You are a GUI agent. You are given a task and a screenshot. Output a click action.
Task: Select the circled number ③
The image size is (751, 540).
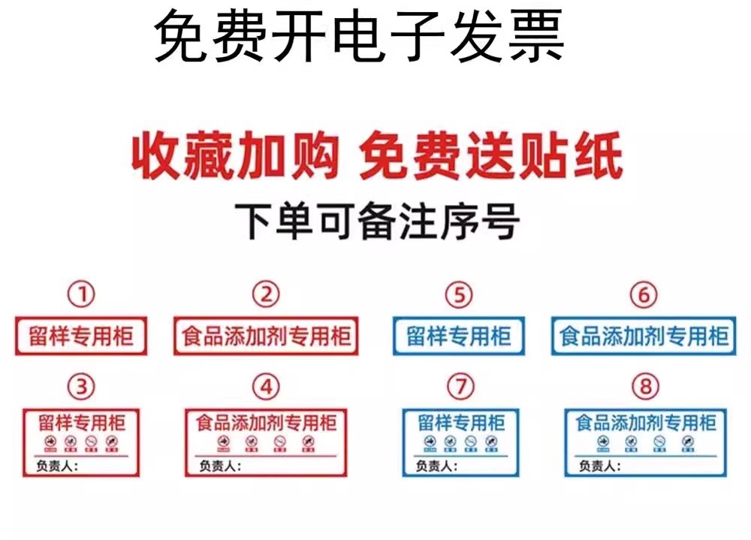tap(81, 387)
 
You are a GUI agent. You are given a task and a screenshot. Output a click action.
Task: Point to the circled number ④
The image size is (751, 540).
tap(265, 387)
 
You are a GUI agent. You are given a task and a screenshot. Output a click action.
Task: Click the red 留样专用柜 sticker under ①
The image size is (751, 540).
tap(81, 336)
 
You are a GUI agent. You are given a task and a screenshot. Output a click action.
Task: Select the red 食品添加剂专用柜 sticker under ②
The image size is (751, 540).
tap(266, 336)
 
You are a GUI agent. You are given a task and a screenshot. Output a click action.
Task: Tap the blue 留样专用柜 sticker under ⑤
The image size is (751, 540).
tap(459, 336)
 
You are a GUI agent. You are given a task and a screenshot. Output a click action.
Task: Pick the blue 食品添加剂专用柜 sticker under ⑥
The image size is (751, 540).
tap(644, 336)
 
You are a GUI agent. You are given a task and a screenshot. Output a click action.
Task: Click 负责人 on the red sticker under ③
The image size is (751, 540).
tap(55, 466)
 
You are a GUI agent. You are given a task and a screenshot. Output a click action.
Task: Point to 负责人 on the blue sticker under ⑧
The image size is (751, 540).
tap(599, 466)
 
